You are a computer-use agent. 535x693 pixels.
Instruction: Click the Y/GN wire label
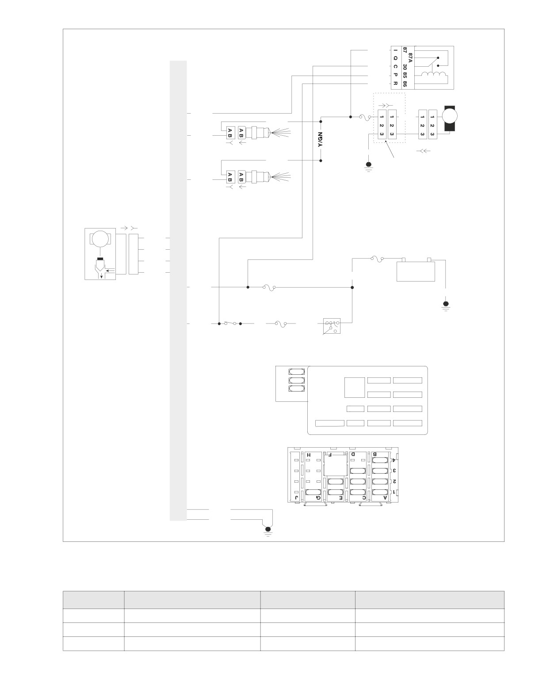321,140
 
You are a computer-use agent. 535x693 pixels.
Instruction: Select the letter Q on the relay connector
396,58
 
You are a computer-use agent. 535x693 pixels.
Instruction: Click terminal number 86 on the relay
405,84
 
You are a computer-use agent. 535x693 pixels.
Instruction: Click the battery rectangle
415,271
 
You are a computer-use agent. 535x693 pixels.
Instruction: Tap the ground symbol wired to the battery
446,305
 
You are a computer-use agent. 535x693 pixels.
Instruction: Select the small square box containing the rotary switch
332,326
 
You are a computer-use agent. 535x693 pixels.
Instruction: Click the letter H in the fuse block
309,455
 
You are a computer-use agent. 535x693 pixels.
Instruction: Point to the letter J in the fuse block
297,498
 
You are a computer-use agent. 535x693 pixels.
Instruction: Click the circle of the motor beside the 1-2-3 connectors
450,117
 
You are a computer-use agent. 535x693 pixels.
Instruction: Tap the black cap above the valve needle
100,258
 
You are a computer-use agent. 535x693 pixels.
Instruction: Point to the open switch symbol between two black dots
229,323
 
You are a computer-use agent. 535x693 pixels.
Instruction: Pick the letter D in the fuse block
353,454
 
